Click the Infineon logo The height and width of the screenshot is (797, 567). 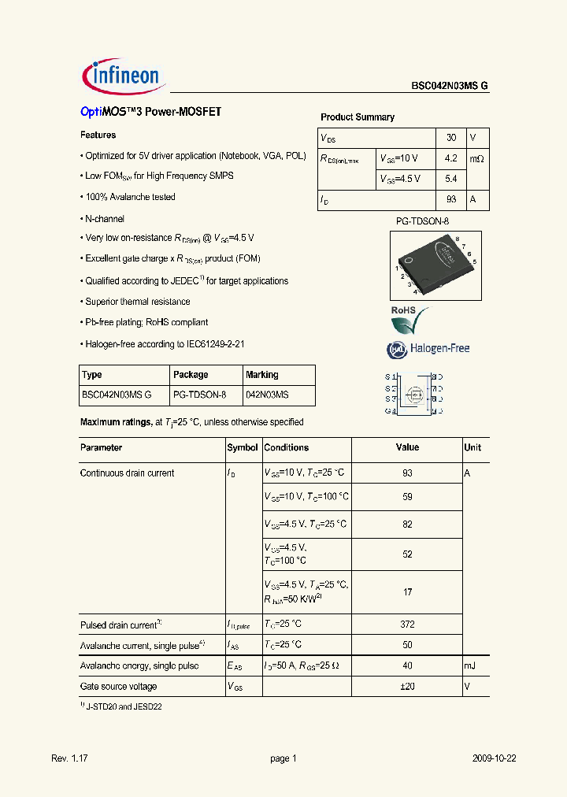[x=121, y=76]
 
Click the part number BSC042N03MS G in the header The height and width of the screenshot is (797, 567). [x=450, y=87]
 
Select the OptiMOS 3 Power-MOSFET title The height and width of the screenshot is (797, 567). [x=150, y=113]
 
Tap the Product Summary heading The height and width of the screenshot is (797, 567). [x=358, y=117]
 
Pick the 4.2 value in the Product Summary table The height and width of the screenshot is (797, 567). [x=450, y=158]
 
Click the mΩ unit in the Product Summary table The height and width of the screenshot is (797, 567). [x=477, y=158]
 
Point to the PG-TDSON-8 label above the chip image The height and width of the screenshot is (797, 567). [x=422, y=222]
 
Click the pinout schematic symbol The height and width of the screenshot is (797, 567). [x=413, y=394]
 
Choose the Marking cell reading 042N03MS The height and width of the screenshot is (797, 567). [x=267, y=395]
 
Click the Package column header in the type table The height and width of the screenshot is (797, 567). [x=191, y=375]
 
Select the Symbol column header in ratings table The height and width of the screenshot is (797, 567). [x=243, y=447]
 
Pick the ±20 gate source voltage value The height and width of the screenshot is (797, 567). [x=407, y=687]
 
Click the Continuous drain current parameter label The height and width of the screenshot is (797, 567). [x=128, y=473]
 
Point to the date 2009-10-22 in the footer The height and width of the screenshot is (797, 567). [x=494, y=758]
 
